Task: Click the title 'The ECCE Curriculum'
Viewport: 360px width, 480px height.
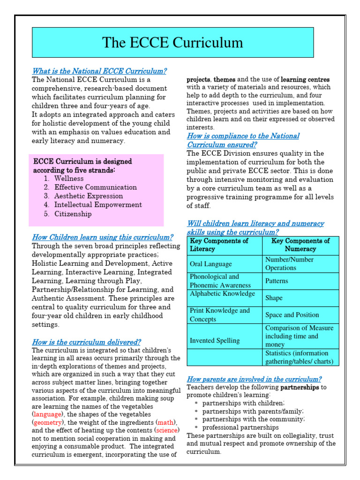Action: (x=172, y=43)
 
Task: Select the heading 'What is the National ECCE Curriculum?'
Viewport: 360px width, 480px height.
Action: (x=99, y=71)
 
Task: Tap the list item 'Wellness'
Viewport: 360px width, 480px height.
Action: (x=69, y=179)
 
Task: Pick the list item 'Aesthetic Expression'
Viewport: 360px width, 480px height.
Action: (x=88, y=196)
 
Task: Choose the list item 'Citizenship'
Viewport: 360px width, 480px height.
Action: (x=73, y=214)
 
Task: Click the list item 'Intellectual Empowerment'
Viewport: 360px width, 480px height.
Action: (x=97, y=205)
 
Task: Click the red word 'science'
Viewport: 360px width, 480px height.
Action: (x=167, y=431)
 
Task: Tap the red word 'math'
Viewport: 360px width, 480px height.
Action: (x=166, y=423)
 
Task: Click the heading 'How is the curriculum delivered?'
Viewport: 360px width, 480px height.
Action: (x=86, y=342)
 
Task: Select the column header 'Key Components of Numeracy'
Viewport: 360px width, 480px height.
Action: (x=300, y=245)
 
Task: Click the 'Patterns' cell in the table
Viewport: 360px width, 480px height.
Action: (x=277, y=281)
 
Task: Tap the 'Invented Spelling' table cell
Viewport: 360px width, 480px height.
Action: (x=215, y=341)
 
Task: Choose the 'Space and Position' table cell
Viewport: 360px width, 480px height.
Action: (x=292, y=315)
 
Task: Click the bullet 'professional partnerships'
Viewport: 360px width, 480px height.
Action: (x=240, y=427)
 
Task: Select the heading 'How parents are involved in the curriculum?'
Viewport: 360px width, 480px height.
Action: (x=254, y=379)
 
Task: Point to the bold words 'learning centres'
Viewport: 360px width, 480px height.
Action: (x=305, y=80)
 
